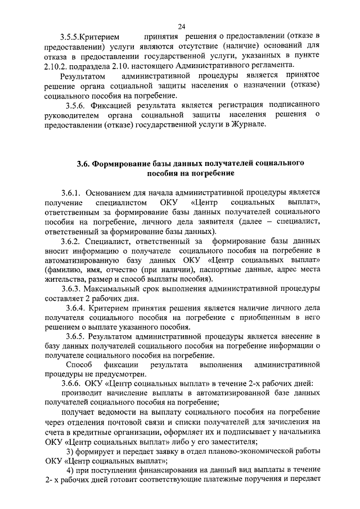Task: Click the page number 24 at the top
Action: click(182, 26)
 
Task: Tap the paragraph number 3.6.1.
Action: click(73, 192)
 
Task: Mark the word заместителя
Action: click(229, 442)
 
